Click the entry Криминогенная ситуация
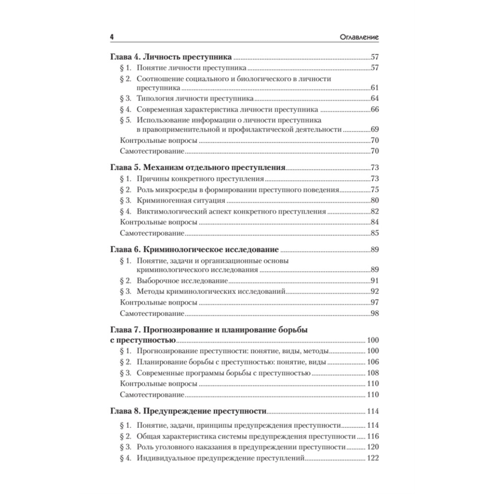(x=181, y=201)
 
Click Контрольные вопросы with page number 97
(x=159, y=302)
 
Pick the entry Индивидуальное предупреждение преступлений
(x=220, y=458)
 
